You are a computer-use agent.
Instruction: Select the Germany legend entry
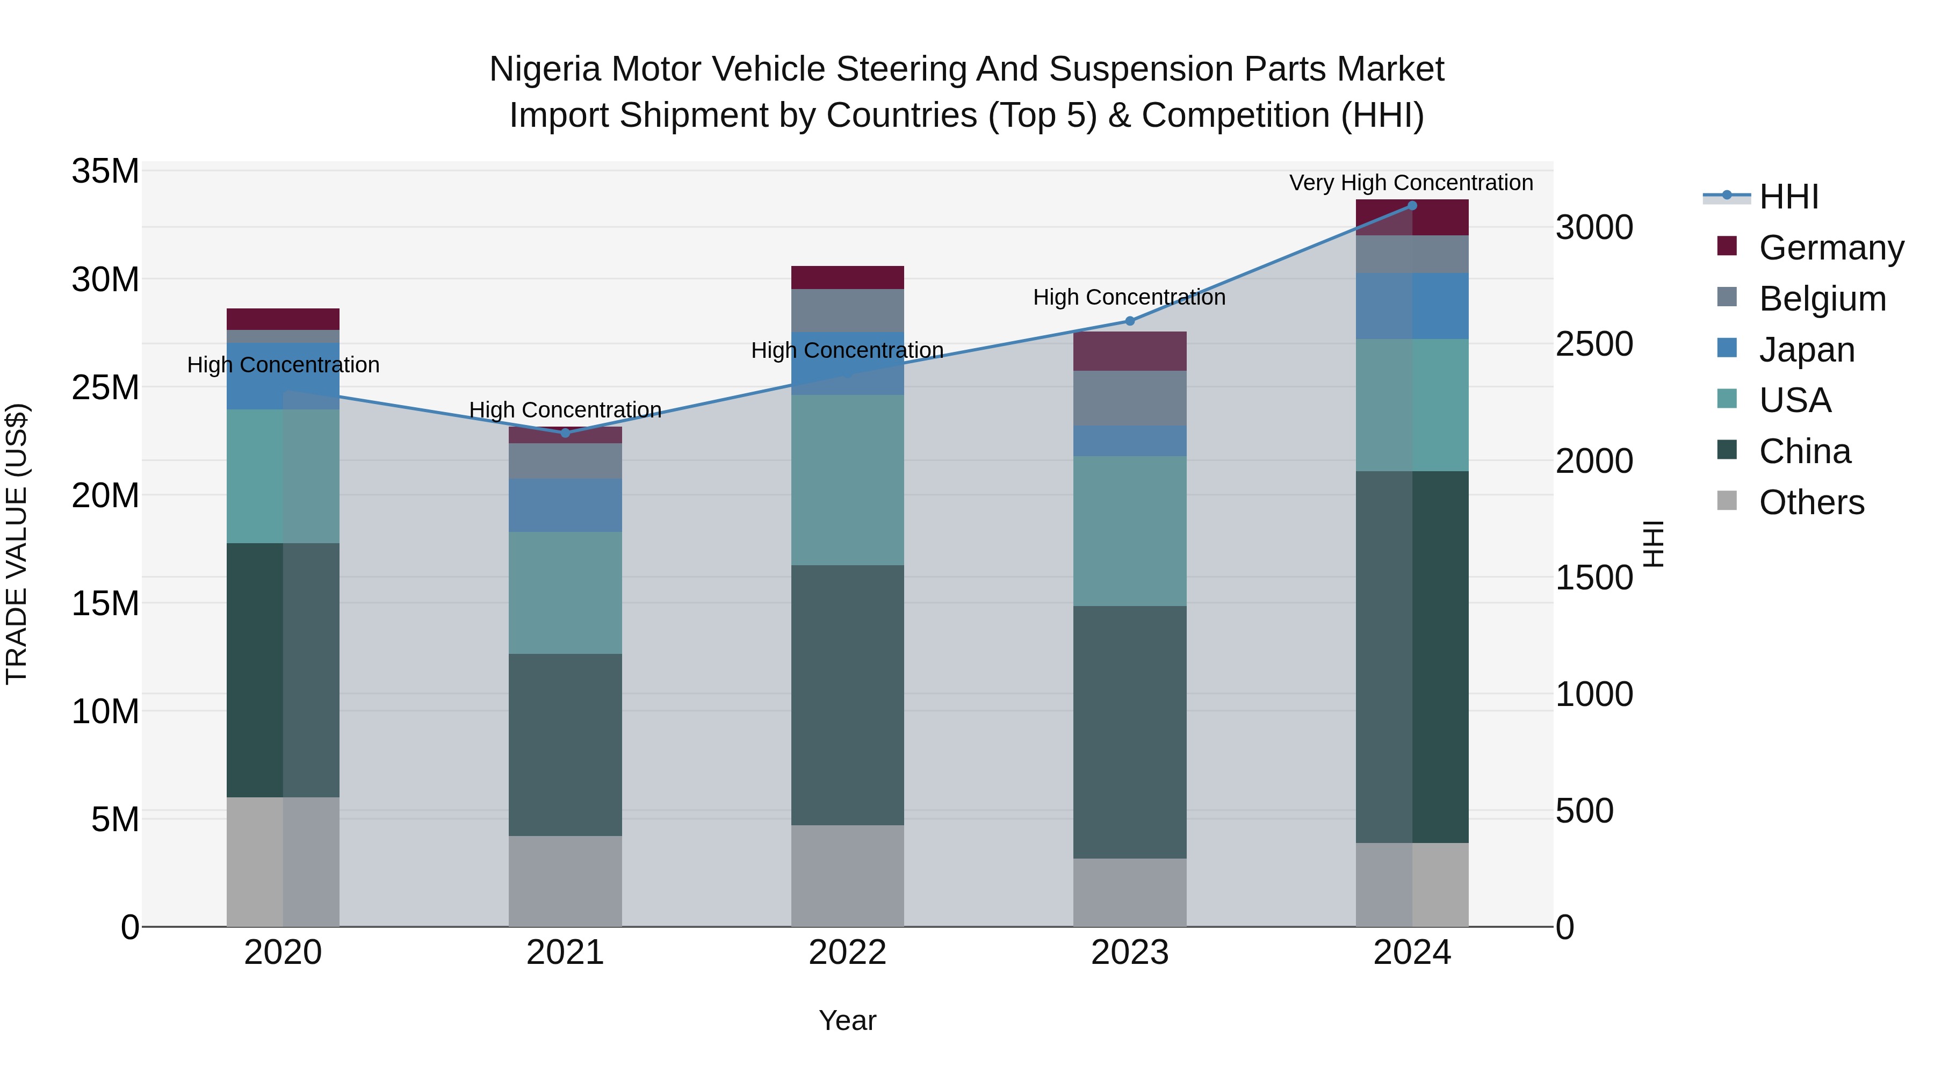point(1830,248)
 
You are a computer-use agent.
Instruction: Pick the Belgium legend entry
point(1821,299)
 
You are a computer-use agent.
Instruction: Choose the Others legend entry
point(1811,502)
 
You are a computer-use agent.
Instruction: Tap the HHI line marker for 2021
point(565,433)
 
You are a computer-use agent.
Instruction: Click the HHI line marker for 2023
point(1130,321)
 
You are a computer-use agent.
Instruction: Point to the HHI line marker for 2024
point(1411,206)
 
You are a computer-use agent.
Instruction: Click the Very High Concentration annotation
point(1411,183)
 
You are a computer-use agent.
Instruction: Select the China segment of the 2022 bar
point(848,695)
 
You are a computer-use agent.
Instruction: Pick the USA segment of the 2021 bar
point(565,593)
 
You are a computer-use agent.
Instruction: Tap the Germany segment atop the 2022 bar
point(848,278)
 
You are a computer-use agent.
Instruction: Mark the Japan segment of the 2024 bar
point(1411,306)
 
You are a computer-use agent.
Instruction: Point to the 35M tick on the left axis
point(105,172)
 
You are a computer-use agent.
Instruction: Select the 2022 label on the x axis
point(848,953)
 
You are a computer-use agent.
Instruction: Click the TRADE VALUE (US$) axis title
point(17,544)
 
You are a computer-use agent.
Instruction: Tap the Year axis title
point(848,1020)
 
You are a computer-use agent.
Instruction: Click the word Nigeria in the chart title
point(546,70)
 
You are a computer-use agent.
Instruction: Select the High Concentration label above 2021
point(565,410)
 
